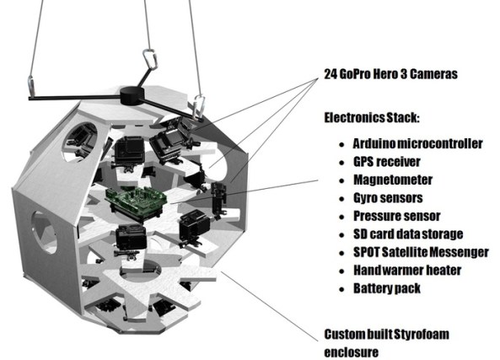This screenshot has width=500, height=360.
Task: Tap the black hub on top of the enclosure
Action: [132, 93]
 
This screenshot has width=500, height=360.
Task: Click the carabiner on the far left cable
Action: [31, 84]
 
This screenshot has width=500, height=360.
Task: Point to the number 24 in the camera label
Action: [331, 73]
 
